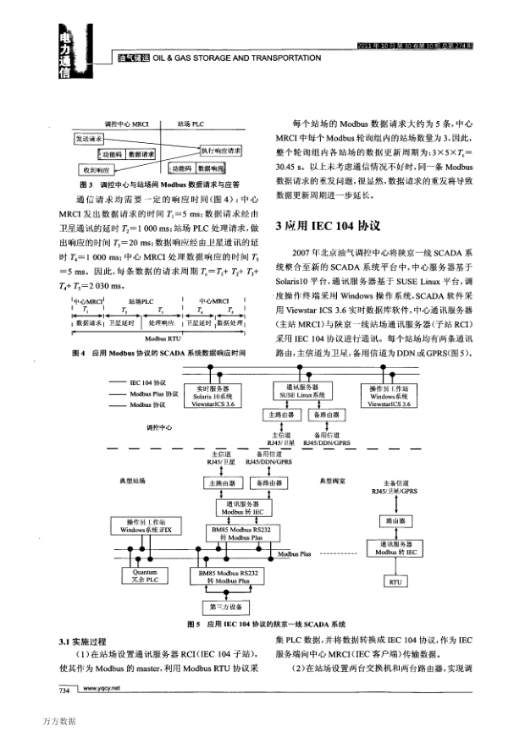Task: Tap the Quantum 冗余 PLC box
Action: click(140, 576)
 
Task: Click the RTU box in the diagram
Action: click(394, 581)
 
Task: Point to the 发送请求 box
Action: click(89, 137)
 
